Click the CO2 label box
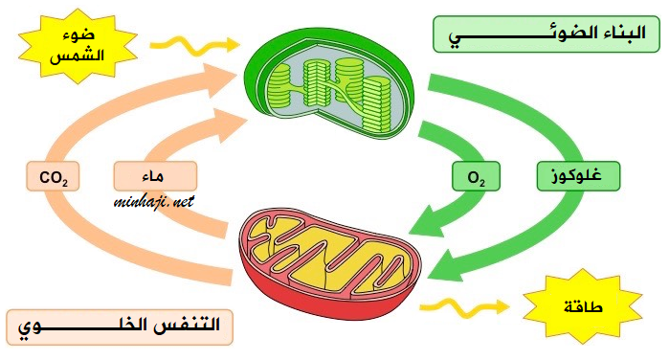53,176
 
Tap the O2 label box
477,176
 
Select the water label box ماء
155,176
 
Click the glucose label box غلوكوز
578,176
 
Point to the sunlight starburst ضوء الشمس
78,46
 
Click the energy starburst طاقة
583,306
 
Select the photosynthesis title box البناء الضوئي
546,34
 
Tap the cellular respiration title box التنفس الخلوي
120,327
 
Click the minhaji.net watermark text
154,201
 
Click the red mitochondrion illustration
330,262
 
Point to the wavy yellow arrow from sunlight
194,45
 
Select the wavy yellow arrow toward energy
464,306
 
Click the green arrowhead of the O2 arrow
430,222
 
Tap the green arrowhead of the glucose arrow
448,265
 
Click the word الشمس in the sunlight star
78,56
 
